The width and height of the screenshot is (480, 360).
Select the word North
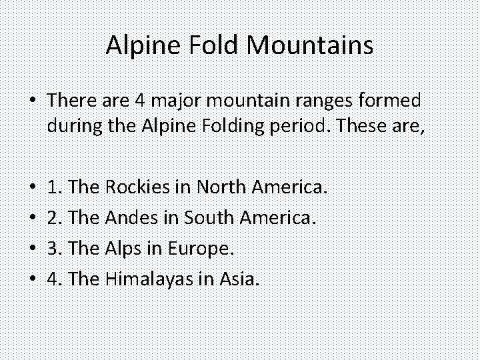223,187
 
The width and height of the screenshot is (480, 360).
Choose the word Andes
132,218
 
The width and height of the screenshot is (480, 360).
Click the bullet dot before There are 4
31,101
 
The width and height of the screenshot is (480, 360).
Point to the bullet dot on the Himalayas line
31,280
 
